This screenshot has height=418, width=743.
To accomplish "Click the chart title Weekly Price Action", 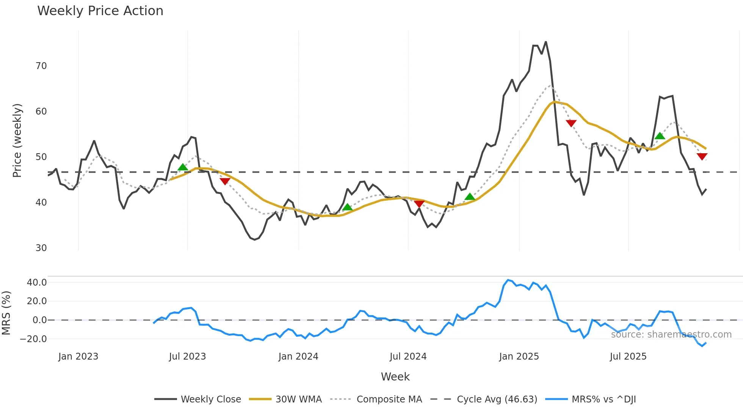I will pos(100,11).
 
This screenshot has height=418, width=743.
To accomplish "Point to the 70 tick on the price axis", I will pos(41,66).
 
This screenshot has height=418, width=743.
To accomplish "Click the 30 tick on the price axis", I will pos(41,248).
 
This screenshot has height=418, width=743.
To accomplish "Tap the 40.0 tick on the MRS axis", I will pos(37,283).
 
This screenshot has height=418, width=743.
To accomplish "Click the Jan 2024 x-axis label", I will pos(298,357).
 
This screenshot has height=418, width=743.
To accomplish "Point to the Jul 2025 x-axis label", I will pos(628,357).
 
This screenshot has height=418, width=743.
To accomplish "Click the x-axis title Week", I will pos(395,377).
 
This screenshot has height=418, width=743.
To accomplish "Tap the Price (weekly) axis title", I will pos(17,140).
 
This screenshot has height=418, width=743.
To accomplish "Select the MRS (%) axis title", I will pos(6,313).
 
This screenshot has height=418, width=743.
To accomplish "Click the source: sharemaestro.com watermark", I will pos(671,335).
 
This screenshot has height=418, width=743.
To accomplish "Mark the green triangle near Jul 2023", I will pos(183,167).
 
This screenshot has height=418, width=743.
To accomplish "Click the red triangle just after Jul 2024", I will pos(419,204).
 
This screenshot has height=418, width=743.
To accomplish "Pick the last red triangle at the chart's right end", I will pos(702,156).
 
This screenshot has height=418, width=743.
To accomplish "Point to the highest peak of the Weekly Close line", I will pos(546,42).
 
